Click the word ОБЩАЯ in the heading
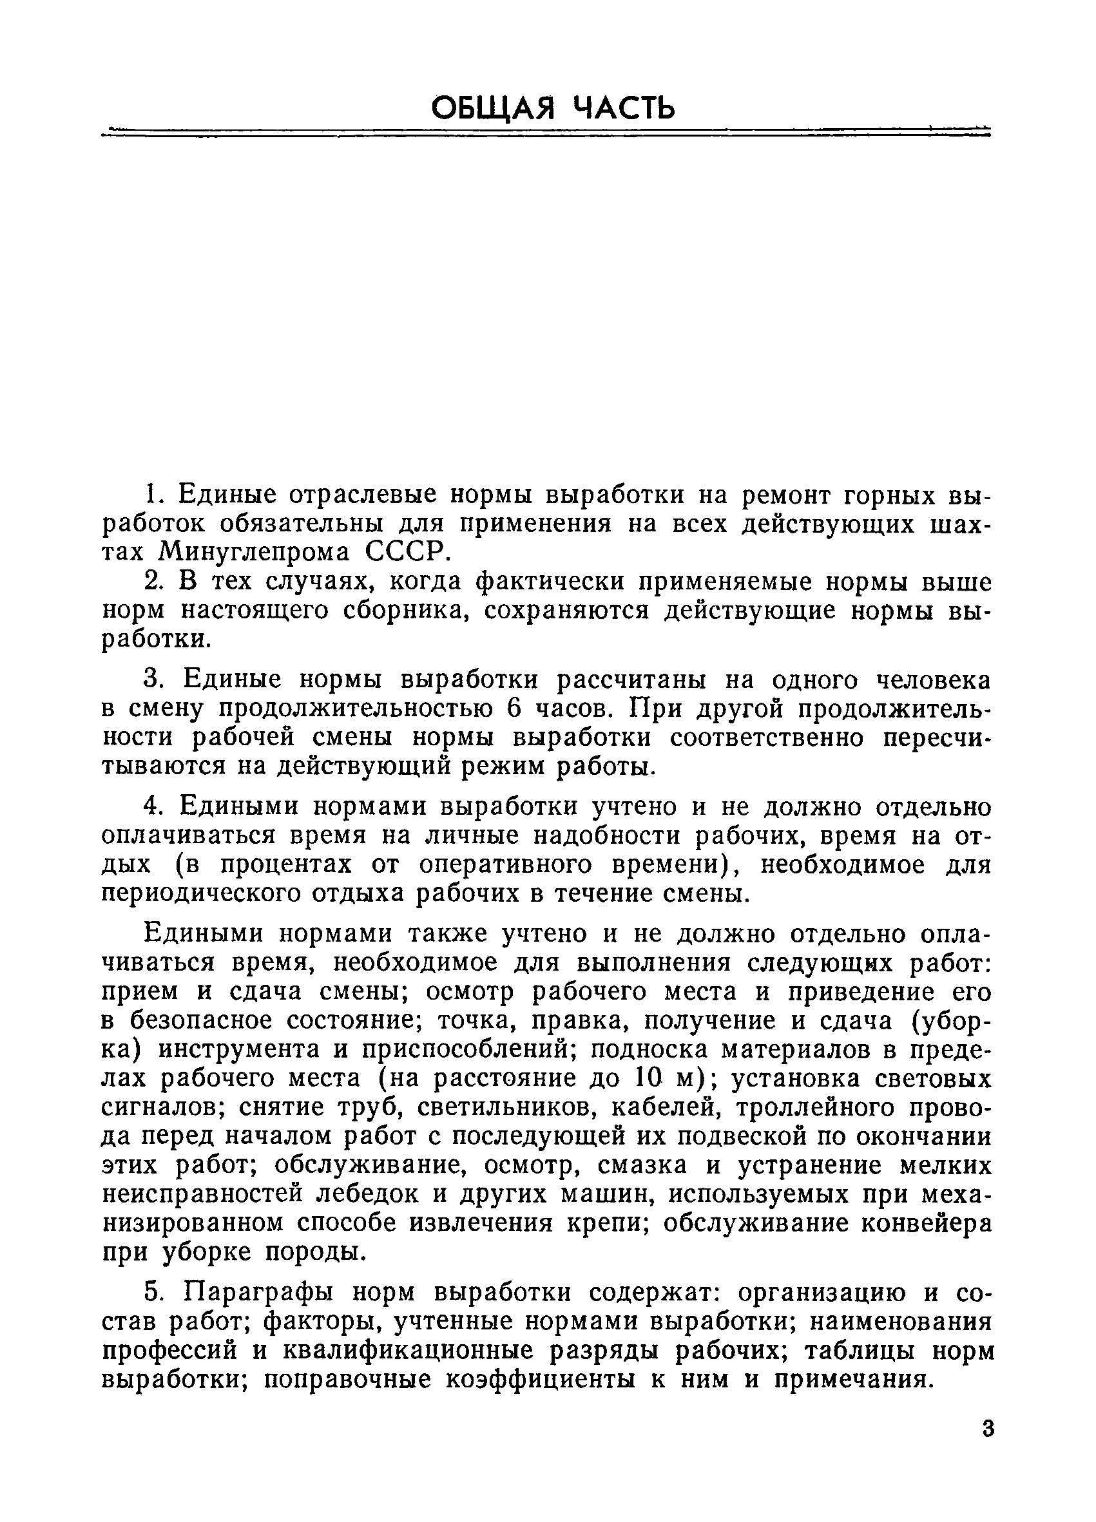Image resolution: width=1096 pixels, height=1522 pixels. tap(493, 108)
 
